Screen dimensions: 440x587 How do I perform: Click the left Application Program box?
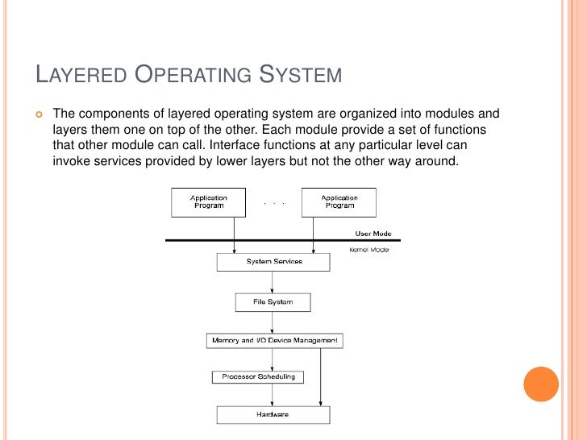click(x=208, y=201)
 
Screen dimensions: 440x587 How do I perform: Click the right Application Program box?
click(x=339, y=201)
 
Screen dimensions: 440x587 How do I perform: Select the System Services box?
click(x=273, y=262)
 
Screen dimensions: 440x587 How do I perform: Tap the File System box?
click(x=273, y=302)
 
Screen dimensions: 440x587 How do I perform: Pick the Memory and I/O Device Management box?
click(x=275, y=341)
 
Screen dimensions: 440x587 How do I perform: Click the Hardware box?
click(x=273, y=414)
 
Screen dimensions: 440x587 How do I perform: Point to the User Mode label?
click(x=373, y=234)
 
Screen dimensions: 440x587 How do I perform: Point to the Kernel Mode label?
click(x=368, y=250)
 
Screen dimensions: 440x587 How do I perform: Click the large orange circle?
click(x=541, y=384)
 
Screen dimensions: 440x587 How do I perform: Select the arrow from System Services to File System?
click(x=273, y=282)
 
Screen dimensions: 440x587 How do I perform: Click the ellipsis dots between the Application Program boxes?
click(x=274, y=203)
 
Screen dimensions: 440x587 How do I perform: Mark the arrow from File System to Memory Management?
click(x=273, y=322)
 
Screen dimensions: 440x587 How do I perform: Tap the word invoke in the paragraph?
click(x=72, y=160)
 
